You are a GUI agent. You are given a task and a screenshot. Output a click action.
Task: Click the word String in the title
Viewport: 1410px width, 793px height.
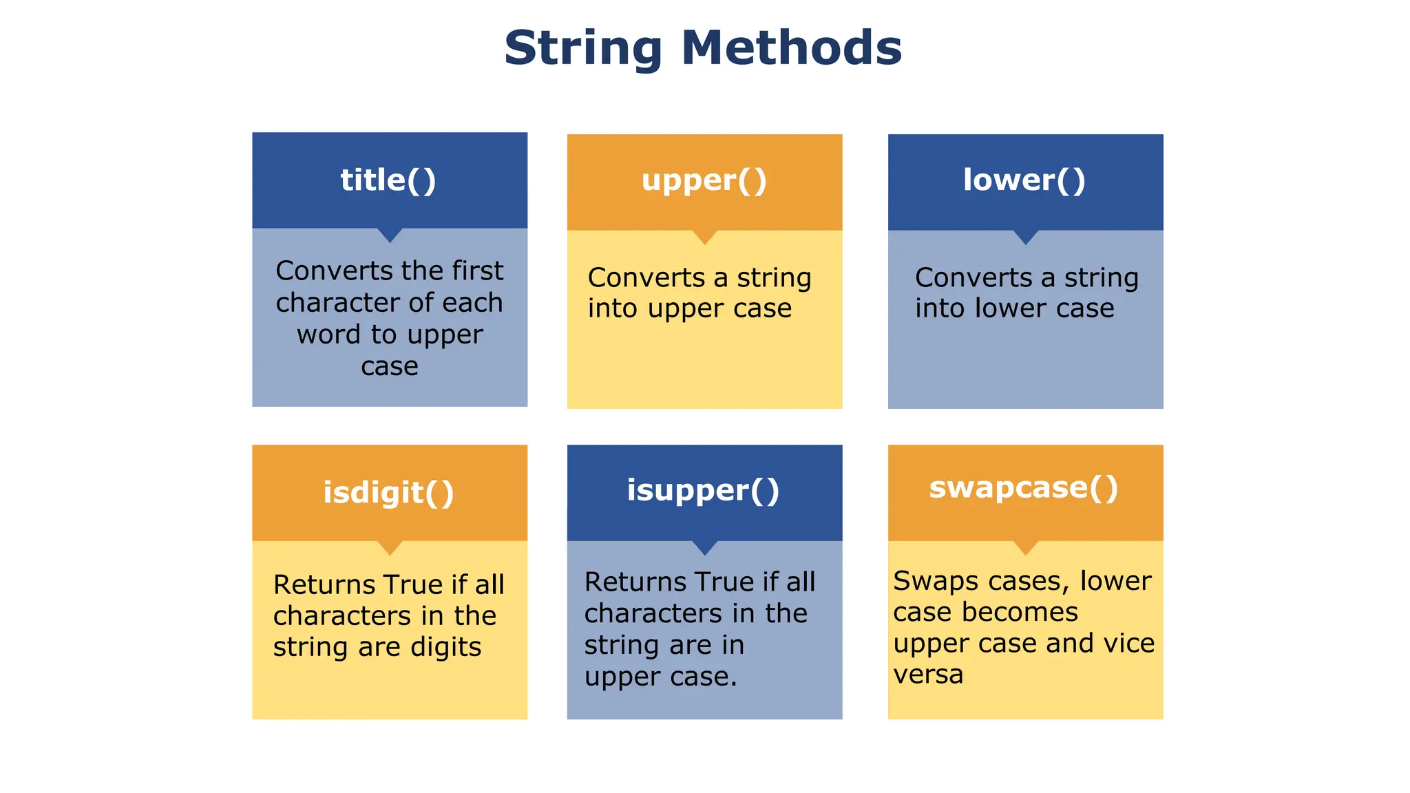[x=583, y=48]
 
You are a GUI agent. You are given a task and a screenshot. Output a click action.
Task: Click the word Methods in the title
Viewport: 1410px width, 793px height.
[x=791, y=48]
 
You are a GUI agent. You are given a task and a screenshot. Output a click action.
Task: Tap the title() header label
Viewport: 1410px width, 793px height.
[x=388, y=180]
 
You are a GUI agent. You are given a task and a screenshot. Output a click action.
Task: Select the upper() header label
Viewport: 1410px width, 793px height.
[x=704, y=180]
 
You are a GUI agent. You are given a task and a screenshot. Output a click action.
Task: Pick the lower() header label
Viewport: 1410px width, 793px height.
[x=1024, y=180]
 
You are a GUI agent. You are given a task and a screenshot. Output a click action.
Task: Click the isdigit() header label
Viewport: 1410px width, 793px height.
[x=388, y=493]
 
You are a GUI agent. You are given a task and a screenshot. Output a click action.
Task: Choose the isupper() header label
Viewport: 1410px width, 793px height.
[x=703, y=490]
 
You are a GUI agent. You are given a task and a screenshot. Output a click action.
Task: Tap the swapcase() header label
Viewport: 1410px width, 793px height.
[x=1024, y=487]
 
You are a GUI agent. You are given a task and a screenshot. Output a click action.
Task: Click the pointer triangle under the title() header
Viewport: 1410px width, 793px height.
[x=390, y=235]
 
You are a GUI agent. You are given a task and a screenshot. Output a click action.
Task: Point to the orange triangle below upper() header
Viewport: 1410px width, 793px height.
[x=704, y=237]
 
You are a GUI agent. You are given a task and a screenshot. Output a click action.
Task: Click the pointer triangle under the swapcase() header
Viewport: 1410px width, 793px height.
[x=1025, y=547]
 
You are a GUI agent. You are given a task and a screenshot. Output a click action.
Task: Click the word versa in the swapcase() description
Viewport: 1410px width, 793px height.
[x=928, y=675]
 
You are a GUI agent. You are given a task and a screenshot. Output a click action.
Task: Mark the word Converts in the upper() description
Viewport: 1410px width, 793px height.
[x=646, y=278]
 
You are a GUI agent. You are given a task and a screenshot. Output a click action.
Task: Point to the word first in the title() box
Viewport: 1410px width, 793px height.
[x=478, y=271]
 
